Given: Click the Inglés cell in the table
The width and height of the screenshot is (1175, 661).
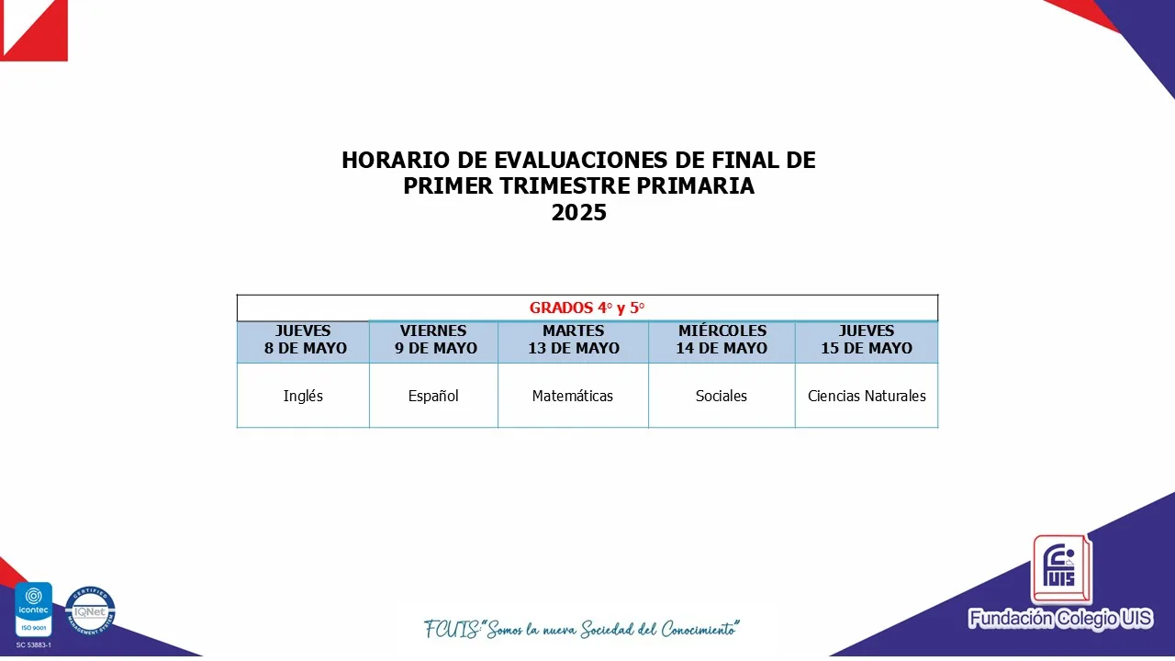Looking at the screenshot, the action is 303,396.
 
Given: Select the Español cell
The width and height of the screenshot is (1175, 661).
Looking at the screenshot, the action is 433,396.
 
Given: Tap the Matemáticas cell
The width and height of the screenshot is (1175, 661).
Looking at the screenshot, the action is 573,396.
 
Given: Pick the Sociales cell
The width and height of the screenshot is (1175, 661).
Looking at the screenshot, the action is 722,396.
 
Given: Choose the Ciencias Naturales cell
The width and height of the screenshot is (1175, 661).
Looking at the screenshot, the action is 867,396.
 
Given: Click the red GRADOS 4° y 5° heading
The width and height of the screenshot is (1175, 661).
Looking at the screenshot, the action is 587,308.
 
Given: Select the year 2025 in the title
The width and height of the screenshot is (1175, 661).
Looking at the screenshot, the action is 578,212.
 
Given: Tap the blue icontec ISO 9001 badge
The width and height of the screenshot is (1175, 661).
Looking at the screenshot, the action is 34,609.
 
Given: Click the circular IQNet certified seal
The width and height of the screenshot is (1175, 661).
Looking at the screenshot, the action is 90,611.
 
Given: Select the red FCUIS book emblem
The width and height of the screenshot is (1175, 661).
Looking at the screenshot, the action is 1061,570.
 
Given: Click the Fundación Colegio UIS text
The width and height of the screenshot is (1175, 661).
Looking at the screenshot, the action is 1060,619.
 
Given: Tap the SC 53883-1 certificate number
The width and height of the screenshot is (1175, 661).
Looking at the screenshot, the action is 34,644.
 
